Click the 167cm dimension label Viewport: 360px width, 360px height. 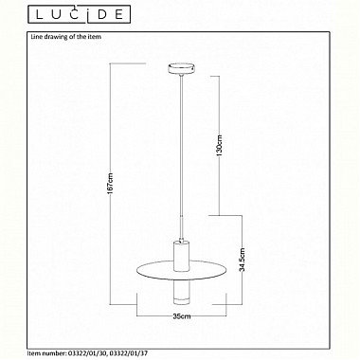[110, 188]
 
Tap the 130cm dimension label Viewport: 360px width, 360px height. [220, 145]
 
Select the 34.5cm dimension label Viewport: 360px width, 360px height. [242, 261]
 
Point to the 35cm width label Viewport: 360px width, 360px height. [182, 316]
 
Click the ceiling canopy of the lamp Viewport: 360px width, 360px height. [181, 69]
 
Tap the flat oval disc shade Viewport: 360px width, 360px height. [182, 270]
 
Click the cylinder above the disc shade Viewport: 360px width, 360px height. [182, 255]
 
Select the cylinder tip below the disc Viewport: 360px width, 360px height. [182, 293]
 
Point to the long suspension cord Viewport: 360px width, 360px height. [181, 158]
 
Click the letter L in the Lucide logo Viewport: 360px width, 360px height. [40, 14]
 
